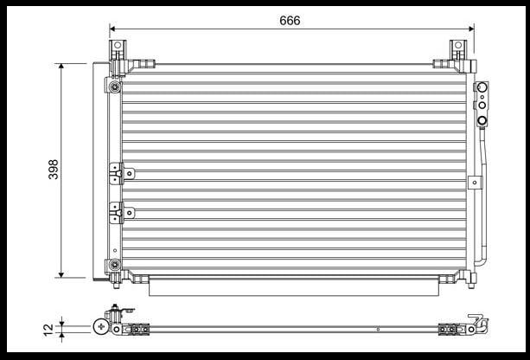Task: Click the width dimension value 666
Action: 290,21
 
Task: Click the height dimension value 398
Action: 54,169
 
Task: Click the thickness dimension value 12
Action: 48,329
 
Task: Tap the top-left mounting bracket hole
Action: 118,45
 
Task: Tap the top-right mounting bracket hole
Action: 458,45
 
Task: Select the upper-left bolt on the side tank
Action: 115,87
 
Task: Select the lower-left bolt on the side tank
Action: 115,264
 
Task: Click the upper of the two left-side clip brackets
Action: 122,174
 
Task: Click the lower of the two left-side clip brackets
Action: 122,213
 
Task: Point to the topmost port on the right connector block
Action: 482,87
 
